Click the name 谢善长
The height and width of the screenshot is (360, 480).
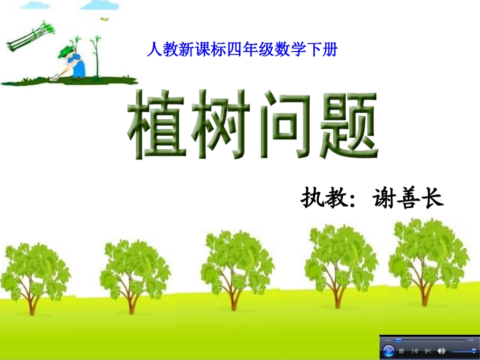click(x=407, y=198)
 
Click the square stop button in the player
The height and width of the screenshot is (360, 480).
click(x=402, y=351)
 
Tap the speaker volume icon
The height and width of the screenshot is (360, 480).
click(x=442, y=351)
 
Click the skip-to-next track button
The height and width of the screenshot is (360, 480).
click(x=428, y=351)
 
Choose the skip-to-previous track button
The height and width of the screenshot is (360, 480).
click(x=415, y=351)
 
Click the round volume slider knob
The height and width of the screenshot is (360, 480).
click(x=473, y=351)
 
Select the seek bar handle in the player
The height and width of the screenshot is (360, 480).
click(x=398, y=340)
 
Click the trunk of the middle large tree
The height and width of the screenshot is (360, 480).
click(x=233, y=298)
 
